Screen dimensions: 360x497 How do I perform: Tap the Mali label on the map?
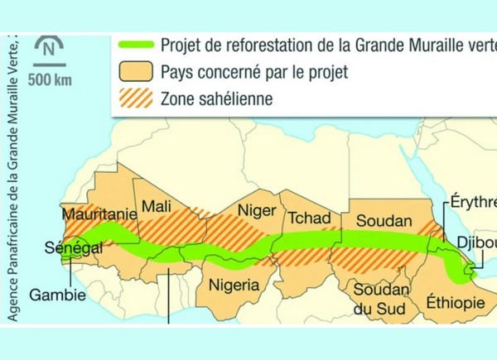point(157,205)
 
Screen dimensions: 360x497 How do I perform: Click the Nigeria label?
point(234,286)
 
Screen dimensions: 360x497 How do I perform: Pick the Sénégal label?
point(73,247)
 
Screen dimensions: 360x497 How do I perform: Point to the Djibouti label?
point(475,243)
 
